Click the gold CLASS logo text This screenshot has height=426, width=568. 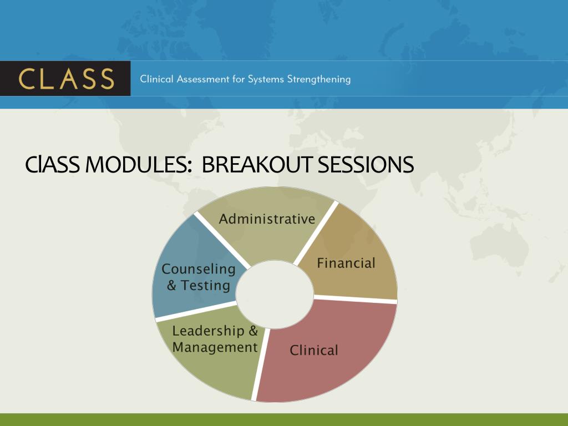coord(67,79)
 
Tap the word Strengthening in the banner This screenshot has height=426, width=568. coord(319,79)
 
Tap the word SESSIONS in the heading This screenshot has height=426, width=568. coord(366,164)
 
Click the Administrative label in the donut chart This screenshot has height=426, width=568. coord(267,219)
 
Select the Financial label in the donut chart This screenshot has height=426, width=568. coord(346,263)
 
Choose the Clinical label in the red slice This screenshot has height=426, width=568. coord(314,351)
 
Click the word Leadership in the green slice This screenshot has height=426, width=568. coord(208,331)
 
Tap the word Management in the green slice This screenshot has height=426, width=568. coord(215,347)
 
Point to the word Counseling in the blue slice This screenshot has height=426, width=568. coord(199,269)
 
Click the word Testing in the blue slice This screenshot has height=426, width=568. coord(205,286)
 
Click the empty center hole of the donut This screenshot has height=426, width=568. coord(275,295)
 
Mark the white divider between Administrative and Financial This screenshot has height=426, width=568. coord(316,234)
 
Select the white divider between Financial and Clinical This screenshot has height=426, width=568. coord(356,299)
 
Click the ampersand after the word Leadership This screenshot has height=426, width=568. coord(253,331)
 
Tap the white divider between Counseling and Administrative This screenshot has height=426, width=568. coord(221,241)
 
